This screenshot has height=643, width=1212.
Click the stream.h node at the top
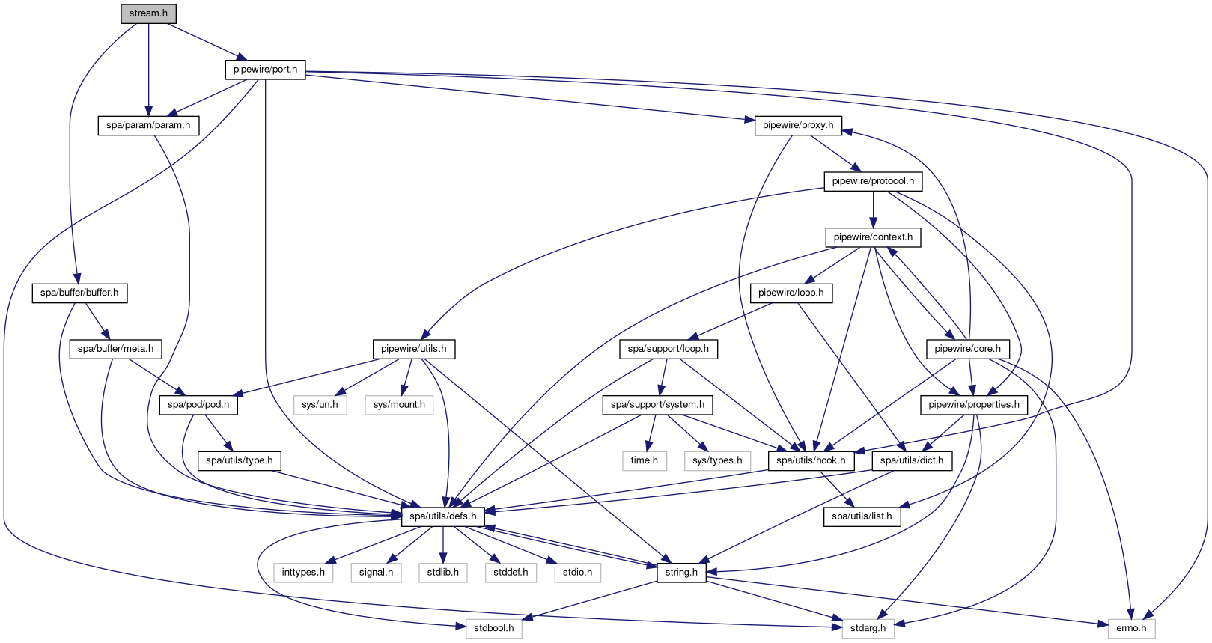tap(148, 13)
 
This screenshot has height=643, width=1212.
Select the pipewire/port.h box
tap(265, 70)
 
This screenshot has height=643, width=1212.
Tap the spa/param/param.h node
tap(148, 125)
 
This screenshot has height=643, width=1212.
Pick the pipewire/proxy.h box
tap(798, 125)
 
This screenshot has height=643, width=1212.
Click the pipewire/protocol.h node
tap(873, 181)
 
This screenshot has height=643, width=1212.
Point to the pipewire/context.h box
tap(873, 237)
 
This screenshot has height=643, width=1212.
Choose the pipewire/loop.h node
tap(791, 293)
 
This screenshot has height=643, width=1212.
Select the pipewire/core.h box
tap(967, 349)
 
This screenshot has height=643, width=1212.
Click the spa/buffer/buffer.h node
tap(79, 293)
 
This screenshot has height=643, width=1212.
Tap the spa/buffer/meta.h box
tap(115, 349)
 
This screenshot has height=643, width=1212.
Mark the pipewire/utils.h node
tap(413, 349)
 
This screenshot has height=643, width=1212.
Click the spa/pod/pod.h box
tap(198, 405)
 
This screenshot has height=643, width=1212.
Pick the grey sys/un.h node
tap(320, 405)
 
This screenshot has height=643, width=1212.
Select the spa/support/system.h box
tap(657, 405)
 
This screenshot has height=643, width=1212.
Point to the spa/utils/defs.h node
tap(442, 516)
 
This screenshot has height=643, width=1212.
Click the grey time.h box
tap(644, 460)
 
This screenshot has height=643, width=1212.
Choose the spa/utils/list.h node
tap(862, 516)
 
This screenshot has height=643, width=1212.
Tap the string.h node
tap(681, 573)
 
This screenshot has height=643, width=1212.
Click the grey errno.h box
tap(1131, 628)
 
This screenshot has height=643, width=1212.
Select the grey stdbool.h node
tap(494, 628)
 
